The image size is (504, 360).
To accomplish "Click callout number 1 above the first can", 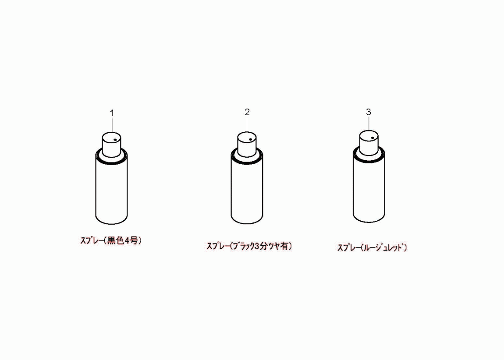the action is (x=112, y=113).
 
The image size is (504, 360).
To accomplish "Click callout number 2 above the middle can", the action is (x=247, y=112).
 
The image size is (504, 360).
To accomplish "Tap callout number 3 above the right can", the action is (x=368, y=112).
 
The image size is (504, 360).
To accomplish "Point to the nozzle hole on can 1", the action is (x=115, y=140).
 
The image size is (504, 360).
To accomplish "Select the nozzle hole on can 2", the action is (x=250, y=139).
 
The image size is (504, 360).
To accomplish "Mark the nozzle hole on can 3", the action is (x=373, y=138).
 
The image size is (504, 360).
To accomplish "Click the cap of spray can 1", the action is (x=111, y=145).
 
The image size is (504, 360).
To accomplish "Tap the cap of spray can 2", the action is (x=247, y=144).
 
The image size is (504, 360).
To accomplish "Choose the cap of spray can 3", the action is (x=369, y=143).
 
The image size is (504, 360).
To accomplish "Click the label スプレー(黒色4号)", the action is (x=111, y=240).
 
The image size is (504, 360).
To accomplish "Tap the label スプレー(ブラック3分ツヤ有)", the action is (x=249, y=246).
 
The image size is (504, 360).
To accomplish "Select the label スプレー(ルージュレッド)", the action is (x=372, y=247).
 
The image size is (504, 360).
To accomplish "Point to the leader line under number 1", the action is (x=112, y=125).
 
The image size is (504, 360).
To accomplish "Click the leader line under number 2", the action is (x=247, y=124).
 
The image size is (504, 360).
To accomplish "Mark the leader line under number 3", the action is (x=369, y=124).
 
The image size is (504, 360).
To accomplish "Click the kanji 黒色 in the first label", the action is (x=116, y=240).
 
